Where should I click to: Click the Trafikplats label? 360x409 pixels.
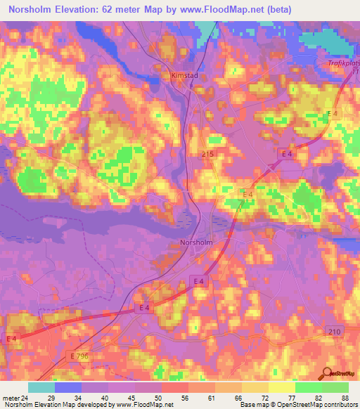point(344,64)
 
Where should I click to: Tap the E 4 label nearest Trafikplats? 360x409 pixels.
point(332,114)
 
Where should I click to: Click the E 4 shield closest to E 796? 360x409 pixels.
point(12,339)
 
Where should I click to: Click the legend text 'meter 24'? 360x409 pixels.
point(15,398)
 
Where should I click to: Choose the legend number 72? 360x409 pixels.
point(266,398)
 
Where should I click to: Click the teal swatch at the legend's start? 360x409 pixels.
point(41,387)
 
